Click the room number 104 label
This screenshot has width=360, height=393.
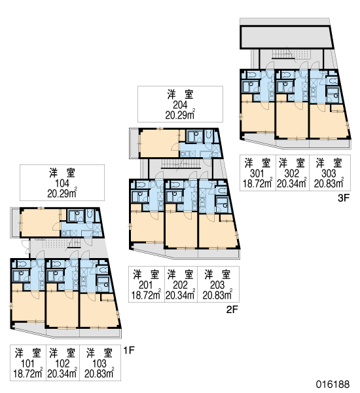62,183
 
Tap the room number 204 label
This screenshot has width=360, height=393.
180,105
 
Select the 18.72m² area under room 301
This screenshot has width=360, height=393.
257,183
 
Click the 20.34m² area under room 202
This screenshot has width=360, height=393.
180,295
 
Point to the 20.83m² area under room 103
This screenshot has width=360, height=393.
99,374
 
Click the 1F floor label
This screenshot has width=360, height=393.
129,350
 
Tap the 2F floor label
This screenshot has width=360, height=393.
232,310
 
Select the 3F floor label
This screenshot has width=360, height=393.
344,198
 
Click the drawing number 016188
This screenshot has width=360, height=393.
333,384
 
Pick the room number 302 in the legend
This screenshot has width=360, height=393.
292,173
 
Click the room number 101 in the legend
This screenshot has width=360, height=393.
27,364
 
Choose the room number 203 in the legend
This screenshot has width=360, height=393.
217,285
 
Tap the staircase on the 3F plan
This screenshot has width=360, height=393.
284,54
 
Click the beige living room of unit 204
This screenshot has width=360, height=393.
159,143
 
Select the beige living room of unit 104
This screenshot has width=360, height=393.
41,223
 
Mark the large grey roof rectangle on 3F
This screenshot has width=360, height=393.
286,37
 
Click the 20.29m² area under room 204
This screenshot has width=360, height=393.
180,115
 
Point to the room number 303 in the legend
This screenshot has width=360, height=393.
329,173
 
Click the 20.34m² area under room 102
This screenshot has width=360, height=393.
62,374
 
